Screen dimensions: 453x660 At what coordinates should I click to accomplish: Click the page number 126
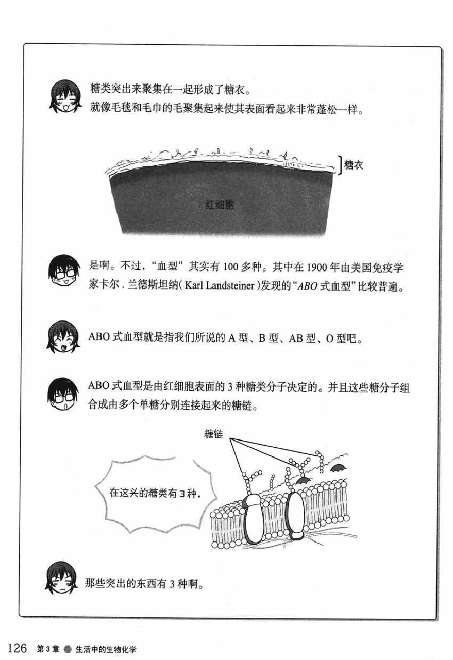point(17,648)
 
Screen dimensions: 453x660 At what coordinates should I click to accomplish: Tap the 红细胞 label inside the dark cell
point(220,205)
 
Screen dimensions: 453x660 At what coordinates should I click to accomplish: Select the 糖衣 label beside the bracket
point(354,165)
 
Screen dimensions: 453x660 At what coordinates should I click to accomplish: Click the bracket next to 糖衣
point(341,165)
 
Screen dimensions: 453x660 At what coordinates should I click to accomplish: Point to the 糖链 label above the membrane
point(214,434)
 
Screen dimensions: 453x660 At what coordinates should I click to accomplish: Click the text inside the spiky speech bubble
point(155,493)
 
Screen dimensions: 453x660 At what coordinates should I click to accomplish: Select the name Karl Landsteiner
point(220,286)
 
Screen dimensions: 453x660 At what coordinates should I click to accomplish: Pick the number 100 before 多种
point(231,267)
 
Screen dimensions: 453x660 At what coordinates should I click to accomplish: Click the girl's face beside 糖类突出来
point(65,96)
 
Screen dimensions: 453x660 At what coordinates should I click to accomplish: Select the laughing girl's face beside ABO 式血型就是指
point(63,337)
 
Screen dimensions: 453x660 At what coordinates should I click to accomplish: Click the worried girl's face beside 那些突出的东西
point(61,578)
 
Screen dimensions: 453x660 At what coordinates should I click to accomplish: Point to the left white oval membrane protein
point(253,519)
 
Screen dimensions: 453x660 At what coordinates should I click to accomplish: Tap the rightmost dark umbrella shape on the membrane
point(338,468)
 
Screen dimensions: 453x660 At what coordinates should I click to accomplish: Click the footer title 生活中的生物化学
point(106,649)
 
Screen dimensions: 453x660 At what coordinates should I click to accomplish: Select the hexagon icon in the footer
point(68,649)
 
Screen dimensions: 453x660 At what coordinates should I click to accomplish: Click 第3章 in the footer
point(48,649)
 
